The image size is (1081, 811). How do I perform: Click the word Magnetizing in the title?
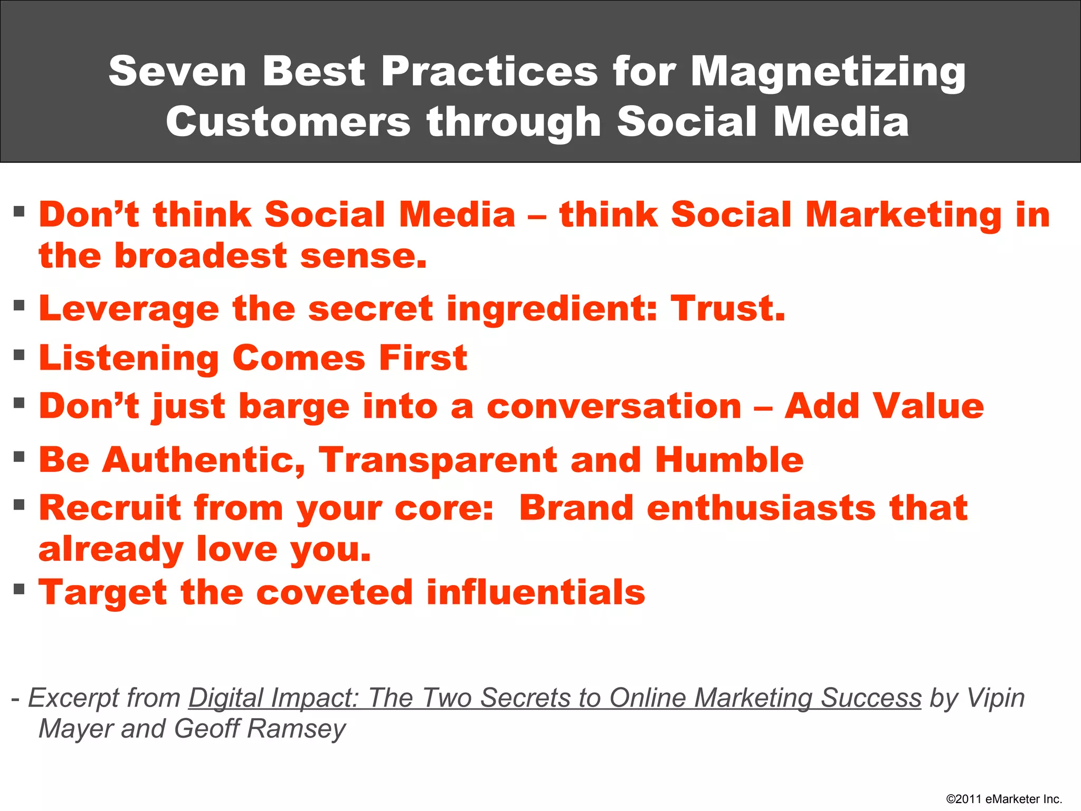828,72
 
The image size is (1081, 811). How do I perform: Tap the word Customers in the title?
288,122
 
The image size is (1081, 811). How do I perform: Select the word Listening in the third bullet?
129,359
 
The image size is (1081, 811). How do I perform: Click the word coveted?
334,592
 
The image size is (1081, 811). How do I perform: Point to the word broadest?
201,256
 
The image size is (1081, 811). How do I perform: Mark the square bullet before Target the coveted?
20,588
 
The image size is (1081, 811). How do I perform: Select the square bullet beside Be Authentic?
20,456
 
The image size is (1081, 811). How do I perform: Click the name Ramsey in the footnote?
296,729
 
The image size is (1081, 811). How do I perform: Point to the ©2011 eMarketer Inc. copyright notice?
1004,799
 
